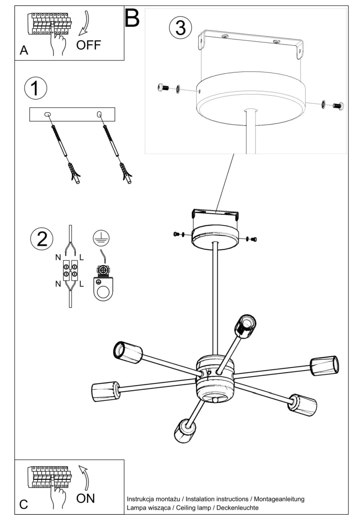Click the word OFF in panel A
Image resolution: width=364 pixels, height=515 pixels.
88,45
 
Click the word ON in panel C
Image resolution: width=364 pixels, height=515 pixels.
86,498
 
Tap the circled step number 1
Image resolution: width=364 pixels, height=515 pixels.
35,88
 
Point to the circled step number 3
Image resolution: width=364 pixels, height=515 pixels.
180,28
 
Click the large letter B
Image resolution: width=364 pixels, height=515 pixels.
132,18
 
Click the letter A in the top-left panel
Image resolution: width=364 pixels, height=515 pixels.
24,50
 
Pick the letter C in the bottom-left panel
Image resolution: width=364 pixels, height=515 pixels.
24,504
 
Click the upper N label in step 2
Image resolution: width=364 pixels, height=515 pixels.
58,257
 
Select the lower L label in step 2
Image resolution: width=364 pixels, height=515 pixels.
81,284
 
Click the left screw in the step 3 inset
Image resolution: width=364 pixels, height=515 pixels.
163,88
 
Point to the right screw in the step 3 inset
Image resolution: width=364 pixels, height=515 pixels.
338,106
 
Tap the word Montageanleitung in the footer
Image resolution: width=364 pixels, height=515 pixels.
279,499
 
